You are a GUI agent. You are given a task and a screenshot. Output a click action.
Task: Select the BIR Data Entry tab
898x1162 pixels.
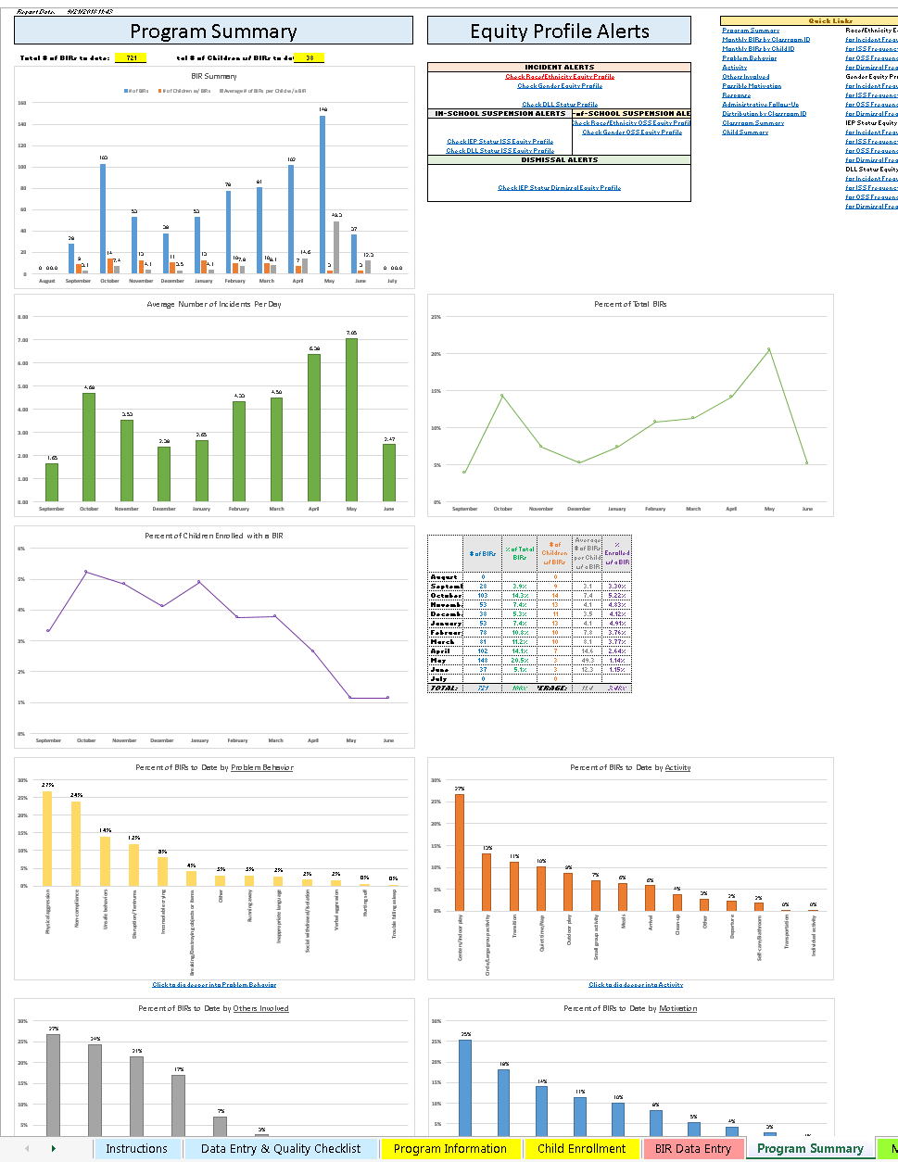click(x=692, y=1148)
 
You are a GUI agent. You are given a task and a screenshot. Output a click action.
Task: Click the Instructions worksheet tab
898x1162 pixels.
click(x=136, y=1148)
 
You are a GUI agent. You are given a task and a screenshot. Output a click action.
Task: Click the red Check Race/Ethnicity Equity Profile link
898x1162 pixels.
click(x=559, y=77)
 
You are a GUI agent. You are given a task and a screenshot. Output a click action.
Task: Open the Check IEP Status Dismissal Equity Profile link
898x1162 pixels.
click(x=559, y=188)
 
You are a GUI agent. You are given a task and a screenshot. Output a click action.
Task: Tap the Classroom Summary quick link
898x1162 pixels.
click(x=753, y=123)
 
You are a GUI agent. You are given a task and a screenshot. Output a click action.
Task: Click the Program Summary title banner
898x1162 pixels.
click(x=213, y=31)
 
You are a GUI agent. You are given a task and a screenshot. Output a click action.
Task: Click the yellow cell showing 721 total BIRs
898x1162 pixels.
click(x=131, y=57)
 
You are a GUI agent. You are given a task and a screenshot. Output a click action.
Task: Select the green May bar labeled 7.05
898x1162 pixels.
click(x=351, y=420)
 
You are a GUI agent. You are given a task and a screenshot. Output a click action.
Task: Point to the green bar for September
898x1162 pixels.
click(x=52, y=482)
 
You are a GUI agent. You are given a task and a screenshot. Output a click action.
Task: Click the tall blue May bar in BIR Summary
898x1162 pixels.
click(x=323, y=195)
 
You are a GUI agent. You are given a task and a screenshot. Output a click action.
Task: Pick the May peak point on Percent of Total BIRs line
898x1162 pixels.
click(x=769, y=349)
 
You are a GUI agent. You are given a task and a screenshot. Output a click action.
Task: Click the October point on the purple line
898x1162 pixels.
click(x=86, y=572)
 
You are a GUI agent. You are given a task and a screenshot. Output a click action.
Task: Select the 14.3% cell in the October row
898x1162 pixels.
click(x=519, y=595)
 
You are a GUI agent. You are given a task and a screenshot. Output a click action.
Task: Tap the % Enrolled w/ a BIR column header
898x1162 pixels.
click(x=616, y=553)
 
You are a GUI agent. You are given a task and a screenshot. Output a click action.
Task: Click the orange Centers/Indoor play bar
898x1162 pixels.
click(x=460, y=853)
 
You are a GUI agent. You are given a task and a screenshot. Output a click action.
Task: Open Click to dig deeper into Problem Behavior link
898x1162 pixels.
click(x=214, y=985)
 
